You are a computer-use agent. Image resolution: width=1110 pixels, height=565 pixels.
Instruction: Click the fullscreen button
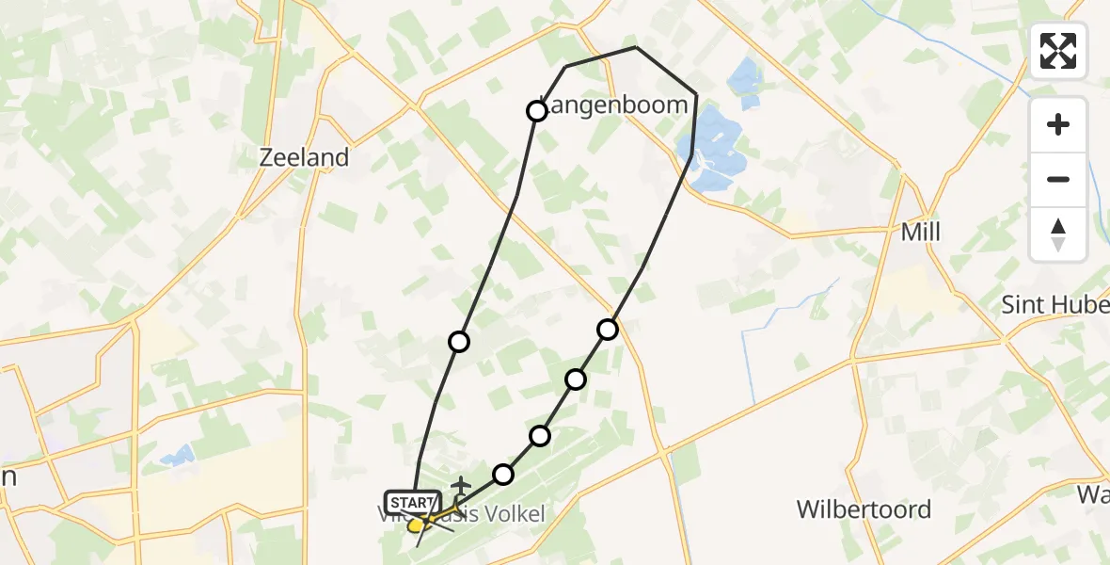(1058, 51)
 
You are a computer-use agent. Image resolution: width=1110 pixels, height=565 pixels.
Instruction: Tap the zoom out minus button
(1058, 179)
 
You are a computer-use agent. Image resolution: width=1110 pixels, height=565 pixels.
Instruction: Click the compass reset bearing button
(1058, 234)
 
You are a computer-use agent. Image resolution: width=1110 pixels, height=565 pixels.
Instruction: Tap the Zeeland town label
(304, 157)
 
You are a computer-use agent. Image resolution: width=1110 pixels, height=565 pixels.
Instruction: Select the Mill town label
(920, 232)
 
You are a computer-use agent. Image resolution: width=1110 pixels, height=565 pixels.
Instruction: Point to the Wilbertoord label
(864, 509)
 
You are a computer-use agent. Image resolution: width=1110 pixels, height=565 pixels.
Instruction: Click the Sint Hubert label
(1054, 305)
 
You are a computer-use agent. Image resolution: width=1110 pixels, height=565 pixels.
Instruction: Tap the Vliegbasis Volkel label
(470, 513)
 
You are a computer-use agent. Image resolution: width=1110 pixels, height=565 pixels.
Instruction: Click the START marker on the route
(411, 503)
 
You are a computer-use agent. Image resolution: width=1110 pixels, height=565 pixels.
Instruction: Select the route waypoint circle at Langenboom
(536, 112)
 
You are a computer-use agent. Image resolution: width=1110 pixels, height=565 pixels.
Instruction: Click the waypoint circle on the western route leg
(459, 341)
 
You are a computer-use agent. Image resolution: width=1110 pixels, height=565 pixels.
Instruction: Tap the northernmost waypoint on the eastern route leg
(608, 329)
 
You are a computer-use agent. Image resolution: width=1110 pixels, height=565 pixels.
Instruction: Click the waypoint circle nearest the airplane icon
(504, 474)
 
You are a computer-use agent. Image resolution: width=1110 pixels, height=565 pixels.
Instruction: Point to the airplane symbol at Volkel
(460, 485)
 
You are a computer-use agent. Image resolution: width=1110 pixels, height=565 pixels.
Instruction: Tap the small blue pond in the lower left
(177, 457)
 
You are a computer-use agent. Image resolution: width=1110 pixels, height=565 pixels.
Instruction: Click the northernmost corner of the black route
(636, 47)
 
